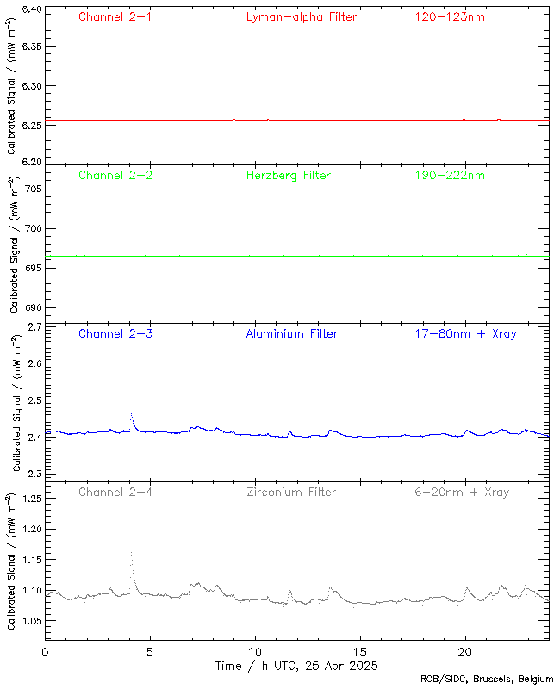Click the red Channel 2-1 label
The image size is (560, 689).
tap(115, 16)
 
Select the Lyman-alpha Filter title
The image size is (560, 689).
tap(301, 16)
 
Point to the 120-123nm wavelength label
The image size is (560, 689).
tap(450, 16)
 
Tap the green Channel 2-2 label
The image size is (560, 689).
tap(115, 175)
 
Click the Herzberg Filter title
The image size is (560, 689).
tap(288, 175)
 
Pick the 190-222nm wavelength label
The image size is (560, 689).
tap(450, 175)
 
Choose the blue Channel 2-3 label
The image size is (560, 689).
tap(115, 333)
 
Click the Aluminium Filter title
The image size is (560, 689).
tap(291, 333)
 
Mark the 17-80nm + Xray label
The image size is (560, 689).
tap(465, 333)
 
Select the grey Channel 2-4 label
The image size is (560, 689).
tap(115, 492)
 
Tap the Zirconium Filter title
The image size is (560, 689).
tap(290, 492)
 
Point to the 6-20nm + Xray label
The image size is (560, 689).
tap(461, 492)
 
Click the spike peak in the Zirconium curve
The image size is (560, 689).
tap(131, 553)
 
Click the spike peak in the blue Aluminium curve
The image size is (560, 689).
tap(131, 414)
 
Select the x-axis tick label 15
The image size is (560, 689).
tap(360, 652)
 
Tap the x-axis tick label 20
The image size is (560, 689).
tap(465, 652)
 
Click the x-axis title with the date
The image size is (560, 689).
tap(296, 667)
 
